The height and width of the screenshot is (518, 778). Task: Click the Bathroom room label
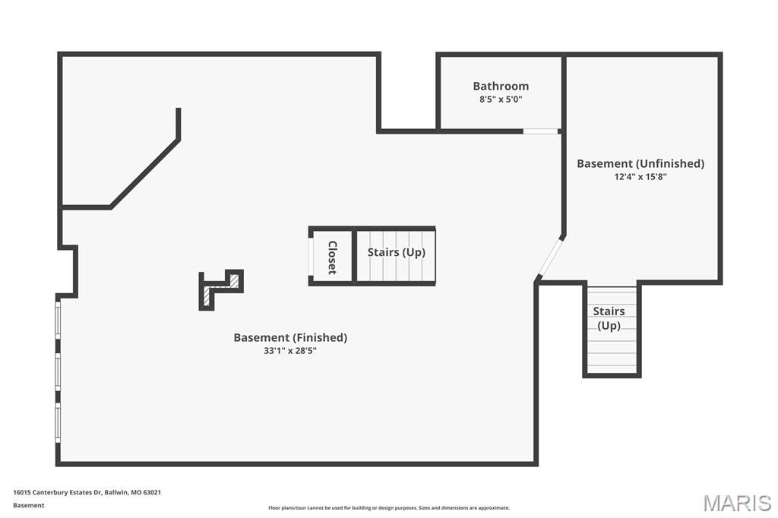501,86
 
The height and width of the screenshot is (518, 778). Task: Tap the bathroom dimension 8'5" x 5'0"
501,99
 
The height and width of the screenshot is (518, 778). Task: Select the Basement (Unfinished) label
640,164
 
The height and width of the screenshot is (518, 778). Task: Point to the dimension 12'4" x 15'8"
640,177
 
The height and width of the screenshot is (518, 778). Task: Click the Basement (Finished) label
290,338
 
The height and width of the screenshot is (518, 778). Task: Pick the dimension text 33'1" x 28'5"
290,351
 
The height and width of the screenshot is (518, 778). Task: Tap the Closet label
333,257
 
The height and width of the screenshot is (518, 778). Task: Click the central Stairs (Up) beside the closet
397,253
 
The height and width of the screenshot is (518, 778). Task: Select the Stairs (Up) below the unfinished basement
609,318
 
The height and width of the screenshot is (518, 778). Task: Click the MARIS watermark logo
737,503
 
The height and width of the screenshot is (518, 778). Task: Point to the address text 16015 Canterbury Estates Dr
57,492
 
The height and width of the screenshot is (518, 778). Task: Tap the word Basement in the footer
29,505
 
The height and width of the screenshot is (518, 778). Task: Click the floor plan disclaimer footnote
389,507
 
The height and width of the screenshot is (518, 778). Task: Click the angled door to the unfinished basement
551,257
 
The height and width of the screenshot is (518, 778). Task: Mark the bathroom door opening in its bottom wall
541,131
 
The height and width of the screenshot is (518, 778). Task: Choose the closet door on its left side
311,257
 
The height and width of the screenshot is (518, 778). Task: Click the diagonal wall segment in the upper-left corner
144,173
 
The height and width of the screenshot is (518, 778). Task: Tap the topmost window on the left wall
58,321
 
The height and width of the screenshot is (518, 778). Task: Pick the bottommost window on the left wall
58,422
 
